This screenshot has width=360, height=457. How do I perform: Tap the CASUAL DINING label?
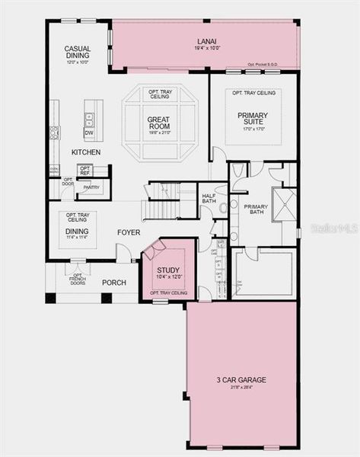pos(77,53)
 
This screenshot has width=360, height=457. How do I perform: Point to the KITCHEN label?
pos(86,152)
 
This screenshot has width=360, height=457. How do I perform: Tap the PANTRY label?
pos(91,187)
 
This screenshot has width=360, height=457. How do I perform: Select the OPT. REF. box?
pos(84,171)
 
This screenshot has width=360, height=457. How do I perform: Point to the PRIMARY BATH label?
pos(256,209)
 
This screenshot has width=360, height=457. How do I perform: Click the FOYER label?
pos(129,232)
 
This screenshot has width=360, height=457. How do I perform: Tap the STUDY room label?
pos(168,270)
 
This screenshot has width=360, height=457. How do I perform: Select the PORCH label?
pos(114,283)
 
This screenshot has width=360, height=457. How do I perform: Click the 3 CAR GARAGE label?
pos(241,379)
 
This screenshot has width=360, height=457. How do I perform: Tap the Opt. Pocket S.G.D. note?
pos(263,65)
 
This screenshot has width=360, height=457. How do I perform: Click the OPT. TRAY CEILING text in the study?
pos(168,293)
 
